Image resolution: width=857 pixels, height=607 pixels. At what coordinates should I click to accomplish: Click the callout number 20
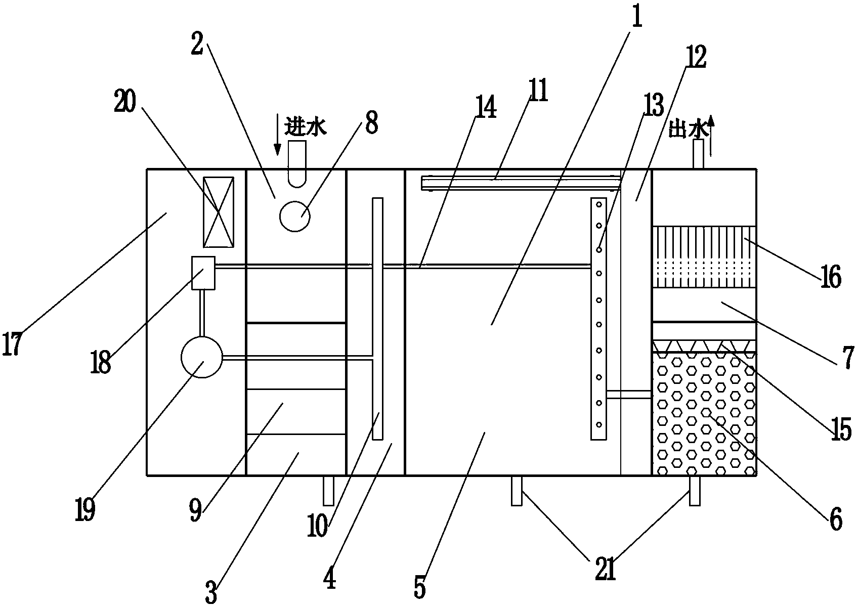(125, 103)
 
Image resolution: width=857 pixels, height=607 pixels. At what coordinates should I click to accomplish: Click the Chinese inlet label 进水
(305, 126)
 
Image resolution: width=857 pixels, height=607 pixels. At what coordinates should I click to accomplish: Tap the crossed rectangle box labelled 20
(219, 212)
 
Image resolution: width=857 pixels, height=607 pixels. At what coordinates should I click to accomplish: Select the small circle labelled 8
(295, 216)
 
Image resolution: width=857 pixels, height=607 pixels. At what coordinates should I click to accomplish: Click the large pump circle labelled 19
(201, 357)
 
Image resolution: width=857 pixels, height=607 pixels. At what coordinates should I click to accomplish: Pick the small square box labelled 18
(203, 273)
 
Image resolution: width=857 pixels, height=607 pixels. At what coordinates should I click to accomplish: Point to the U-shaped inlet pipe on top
(297, 162)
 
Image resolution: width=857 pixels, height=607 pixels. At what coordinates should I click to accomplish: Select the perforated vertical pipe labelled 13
(598, 319)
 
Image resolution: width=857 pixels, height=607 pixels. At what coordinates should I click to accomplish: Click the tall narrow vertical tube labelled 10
(377, 319)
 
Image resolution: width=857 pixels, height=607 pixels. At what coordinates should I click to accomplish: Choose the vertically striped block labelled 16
(704, 257)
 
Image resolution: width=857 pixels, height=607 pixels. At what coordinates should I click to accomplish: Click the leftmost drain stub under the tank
(329, 490)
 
